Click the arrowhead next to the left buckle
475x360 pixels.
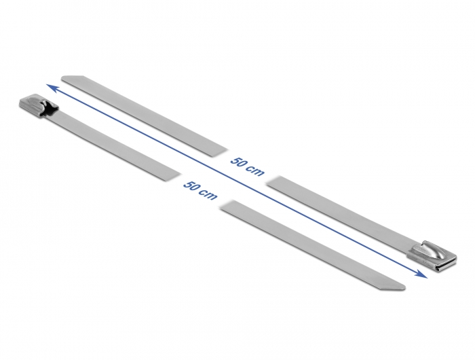tap(51, 88)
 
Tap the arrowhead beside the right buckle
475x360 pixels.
tap(421, 272)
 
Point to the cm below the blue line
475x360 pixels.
tap(209, 195)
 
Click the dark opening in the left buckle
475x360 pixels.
tap(49, 109)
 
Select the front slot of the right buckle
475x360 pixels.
tap(444, 264)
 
